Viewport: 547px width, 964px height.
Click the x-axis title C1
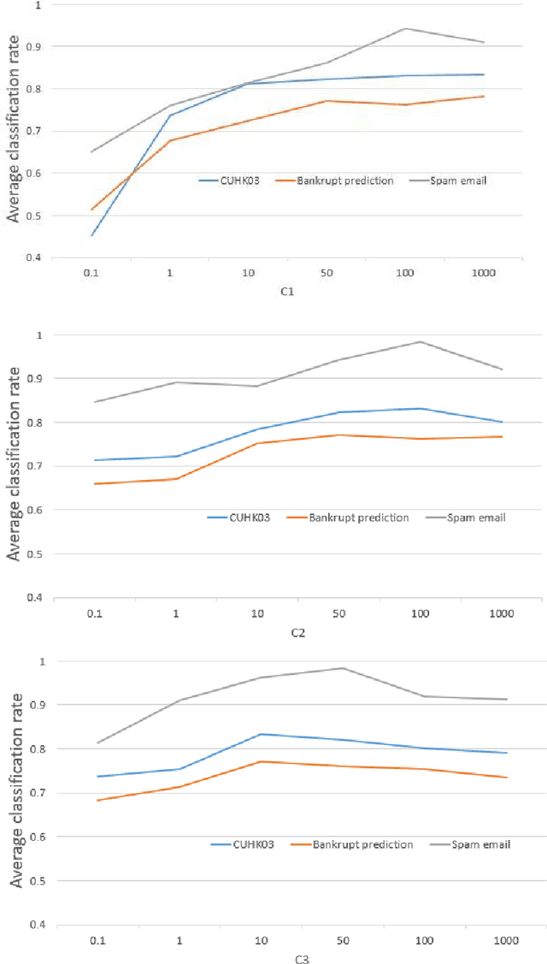tap(287, 292)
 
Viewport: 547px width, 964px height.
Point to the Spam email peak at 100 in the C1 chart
tap(405, 28)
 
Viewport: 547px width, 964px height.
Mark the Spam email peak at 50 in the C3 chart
tap(342, 668)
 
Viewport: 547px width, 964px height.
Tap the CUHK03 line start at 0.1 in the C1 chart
tap(91, 235)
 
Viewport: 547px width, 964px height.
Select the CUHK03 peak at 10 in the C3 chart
tap(260, 734)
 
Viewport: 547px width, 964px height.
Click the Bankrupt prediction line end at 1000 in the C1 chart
tap(484, 96)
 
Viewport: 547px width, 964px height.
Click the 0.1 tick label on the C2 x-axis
tap(94, 615)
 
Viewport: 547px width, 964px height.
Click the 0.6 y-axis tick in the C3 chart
tap(39, 837)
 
